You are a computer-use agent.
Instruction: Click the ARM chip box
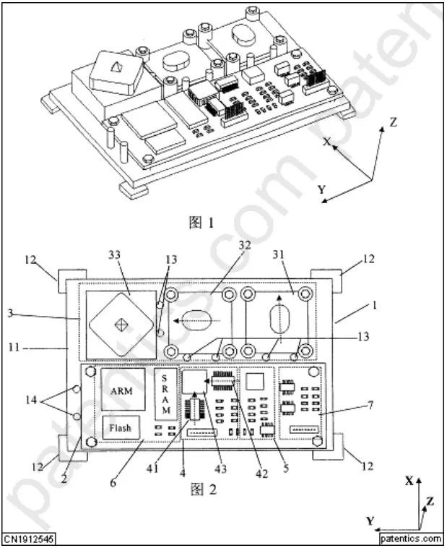pos(123,389)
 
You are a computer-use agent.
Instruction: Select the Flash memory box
pos(121,427)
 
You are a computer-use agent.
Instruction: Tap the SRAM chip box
pos(165,394)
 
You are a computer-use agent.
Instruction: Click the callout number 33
pos(114,254)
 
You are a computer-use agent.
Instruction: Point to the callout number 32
pos(245,245)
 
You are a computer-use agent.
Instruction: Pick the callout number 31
pos(278,254)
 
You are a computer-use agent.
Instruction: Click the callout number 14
pos(31,400)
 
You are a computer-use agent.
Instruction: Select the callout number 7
pos(370,405)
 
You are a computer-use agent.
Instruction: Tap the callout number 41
pos(152,468)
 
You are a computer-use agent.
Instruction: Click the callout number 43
pos(220,468)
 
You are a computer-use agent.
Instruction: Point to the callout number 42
pos(261,474)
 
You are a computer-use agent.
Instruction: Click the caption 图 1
pos(201,223)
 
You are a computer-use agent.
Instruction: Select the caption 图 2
pos(204,489)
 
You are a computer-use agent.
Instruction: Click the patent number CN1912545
pos(29,539)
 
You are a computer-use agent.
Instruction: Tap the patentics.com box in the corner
pos(411,539)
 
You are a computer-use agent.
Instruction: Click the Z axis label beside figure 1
pos(394,122)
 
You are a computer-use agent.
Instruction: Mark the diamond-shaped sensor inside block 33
pos(121,325)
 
